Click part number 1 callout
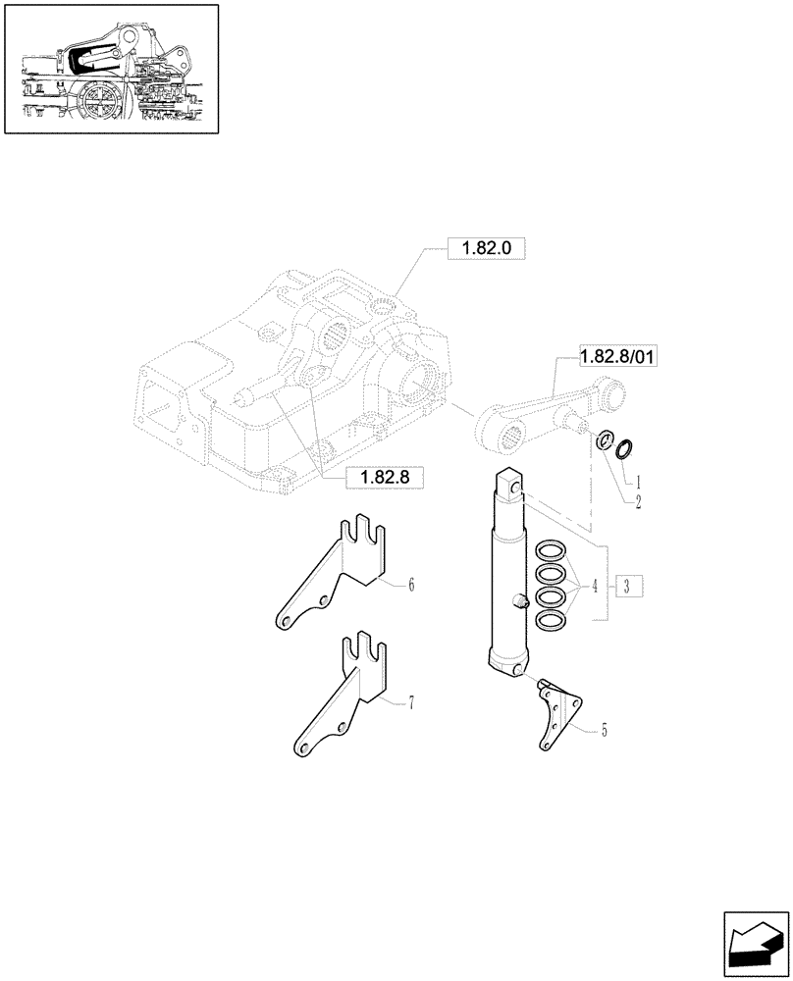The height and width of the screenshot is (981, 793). tap(638, 482)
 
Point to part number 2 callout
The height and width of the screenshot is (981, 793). tap(638, 501)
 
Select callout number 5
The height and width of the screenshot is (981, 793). tap(604, 730)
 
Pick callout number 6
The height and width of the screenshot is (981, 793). tap(411, 586)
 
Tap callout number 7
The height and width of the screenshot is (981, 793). tap(411, 702)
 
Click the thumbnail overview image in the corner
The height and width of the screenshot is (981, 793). tap(111, 69)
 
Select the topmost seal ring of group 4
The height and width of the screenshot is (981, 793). tap(552, 552)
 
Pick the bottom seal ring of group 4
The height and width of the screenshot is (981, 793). tap(552, 618)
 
